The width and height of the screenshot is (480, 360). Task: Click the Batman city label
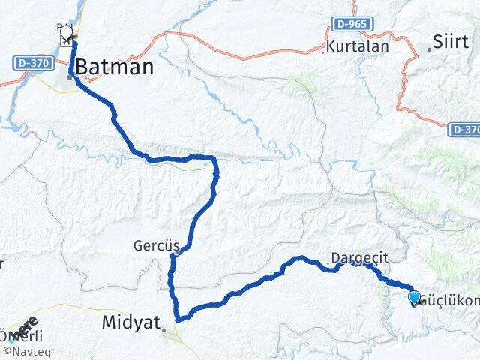(x=116, y=67)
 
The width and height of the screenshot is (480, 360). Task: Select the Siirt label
(x=451, y=40)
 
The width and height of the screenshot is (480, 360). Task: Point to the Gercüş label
(x=152, y=245)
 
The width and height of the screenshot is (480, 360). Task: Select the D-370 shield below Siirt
(x=464, y=130)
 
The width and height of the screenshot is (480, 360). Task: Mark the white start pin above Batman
(x=67, y=33)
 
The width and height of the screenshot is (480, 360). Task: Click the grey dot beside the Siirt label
(x=429, y=49)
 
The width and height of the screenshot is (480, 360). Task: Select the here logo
(x=28, y=327)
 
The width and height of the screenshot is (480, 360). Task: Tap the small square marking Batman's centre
(x=69, y=75)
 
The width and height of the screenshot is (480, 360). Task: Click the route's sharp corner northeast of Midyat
(x=178, y=318)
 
